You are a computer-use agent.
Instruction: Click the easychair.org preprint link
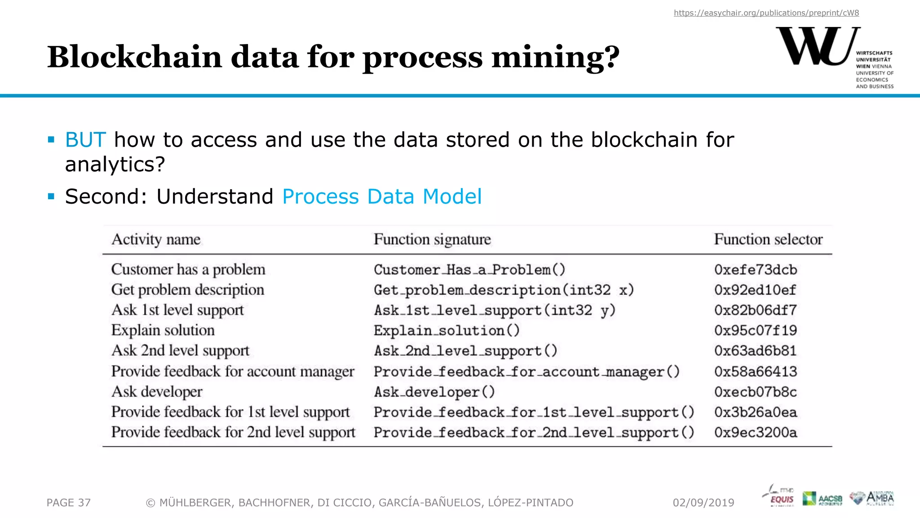coord(766,13)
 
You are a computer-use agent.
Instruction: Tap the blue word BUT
coord(85,140)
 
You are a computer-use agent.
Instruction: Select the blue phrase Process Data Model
coord(382,196)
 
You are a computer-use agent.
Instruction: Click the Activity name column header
coord(156,240)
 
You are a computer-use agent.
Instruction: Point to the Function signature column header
coord(432,240)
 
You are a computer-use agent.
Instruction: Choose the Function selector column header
coord(768,240)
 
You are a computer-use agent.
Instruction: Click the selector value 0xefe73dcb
coord(756,270)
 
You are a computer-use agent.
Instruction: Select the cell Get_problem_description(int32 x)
coord(504,290)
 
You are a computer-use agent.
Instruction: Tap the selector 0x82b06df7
coord(756,310)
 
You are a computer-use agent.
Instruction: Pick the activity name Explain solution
coord(163,330)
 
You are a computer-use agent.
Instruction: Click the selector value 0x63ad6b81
coord(756,351)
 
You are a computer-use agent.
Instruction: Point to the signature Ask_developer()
coord(434,392)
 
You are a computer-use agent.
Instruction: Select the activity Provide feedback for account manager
coord(233,372)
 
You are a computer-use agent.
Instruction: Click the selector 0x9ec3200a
coord(756,433)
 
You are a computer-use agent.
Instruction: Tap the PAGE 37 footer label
coord(69,503)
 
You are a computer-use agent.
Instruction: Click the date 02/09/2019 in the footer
coord(703,503)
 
